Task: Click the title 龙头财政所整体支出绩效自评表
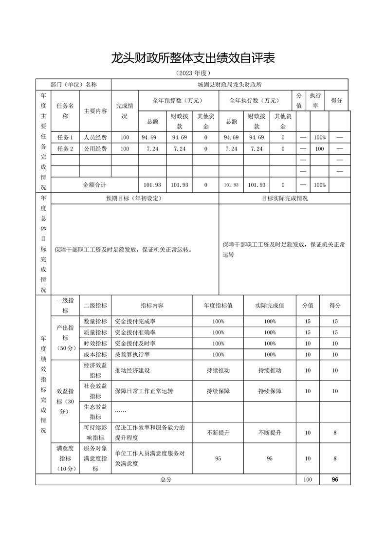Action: tap(193, 58)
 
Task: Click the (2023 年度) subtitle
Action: tap(193, 73)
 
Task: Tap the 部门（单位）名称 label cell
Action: tap(74, 84)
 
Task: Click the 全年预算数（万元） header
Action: tap(177, 101)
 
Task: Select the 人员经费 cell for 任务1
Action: tap(95, 137)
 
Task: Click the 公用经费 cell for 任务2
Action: tap(95, 149)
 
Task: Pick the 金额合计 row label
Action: tap(94, 185)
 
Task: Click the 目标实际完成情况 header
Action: tap(284, 198)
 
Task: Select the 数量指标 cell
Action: tap(95, 321)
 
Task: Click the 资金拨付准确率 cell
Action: tap(135, 332)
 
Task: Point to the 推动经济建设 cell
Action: tap(132, 370)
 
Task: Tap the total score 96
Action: tap(335, 479)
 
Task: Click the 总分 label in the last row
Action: tap(166, 479)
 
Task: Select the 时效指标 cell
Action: tap(95, 344)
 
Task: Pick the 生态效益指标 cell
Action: tap(95, 412)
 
